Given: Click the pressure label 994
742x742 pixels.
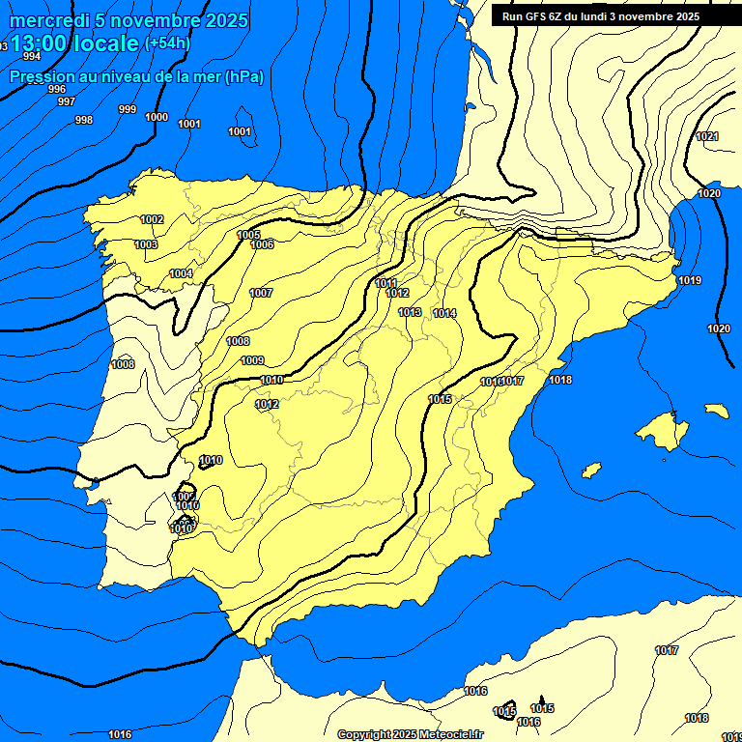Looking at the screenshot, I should pyautogui.click(x=32, y=56).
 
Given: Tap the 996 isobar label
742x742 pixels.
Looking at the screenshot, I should pyautogui.click(x=57, y=89).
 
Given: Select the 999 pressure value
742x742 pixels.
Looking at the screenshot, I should pyautogui.click(x=128, y=109).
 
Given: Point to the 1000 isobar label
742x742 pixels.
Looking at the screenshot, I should pyautogui.click(x=157, y=117).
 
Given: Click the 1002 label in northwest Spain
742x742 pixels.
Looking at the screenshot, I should pyautogui.click(x=152, y=219).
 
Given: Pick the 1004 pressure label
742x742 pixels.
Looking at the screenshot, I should pyautogui.click(x=181, y=273).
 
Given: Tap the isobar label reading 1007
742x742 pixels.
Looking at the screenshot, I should pyautogui.click(x=261, y=293).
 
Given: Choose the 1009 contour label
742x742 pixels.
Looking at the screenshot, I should pyautogui.click(x=252, y=360).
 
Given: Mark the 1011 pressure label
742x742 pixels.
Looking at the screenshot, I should pyautogui.click(x=386, y=283).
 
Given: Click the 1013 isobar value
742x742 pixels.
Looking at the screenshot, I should pyautogui.click(x=410, y=312).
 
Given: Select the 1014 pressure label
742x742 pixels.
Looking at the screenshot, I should pyautogui.click(x=444, y=313).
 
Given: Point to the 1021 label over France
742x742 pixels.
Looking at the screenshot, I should pyautogui.click(x=707, y=136).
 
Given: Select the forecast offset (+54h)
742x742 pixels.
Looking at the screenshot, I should pyautogui.click(x=167, y=43).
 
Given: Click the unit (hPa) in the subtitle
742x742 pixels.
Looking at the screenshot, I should pyautogui.click(x=243, y=76).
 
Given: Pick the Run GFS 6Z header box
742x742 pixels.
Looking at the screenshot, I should pyautogui.click(x=601, y=16).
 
